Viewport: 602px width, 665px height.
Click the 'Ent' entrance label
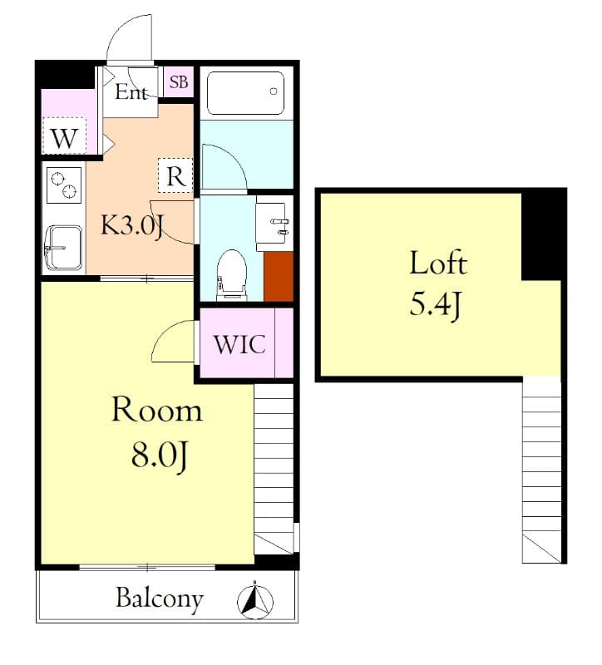131,92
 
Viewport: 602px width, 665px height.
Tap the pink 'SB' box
179,82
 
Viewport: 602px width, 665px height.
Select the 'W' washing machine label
64,139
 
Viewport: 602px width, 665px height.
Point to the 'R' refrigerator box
175,176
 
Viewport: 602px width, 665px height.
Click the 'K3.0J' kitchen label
131,224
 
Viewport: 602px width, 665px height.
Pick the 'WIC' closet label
239,344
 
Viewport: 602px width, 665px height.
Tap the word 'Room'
157,411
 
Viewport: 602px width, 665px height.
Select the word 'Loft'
437,264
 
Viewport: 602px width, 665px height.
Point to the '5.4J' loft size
434,306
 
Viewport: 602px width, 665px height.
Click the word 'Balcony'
159,598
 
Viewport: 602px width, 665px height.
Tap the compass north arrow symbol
256,601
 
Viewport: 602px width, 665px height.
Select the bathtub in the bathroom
246,93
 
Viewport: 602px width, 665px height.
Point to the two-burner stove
63,185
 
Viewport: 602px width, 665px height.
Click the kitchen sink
62,246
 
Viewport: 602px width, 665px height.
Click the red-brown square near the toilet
279,275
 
